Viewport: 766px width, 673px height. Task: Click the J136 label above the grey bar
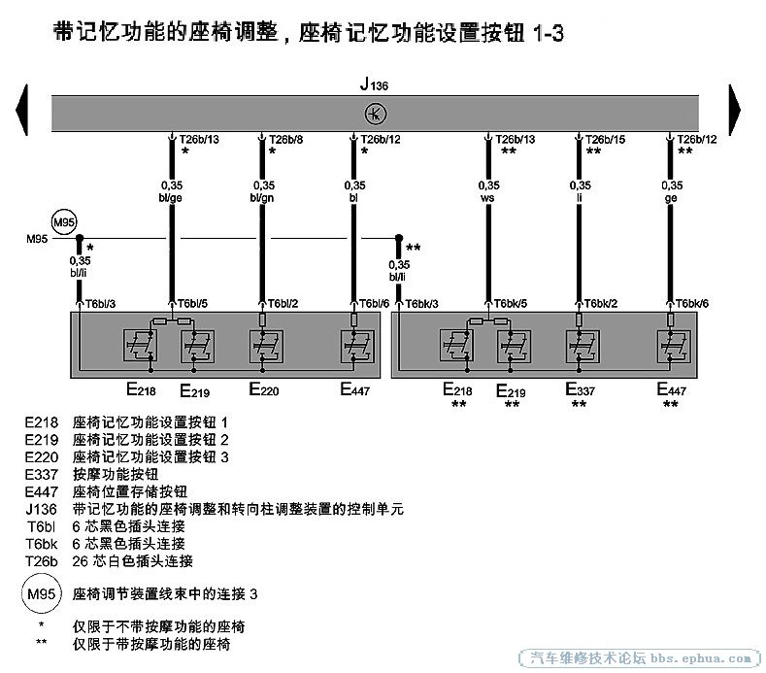(375, 85)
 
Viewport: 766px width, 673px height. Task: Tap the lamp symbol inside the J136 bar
(375, 114)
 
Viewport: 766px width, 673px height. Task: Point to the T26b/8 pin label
(284, 140)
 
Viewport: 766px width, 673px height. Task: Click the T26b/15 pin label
(605, 140)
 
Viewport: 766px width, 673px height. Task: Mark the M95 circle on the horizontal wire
(63, 224)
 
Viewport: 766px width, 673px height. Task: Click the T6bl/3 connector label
(101, 303)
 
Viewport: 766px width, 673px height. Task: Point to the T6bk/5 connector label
(510, 303)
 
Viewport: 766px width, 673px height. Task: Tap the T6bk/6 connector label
(692, 303)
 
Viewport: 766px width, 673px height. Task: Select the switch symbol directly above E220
(263, 346)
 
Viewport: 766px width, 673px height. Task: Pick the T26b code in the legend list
(43, 560)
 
